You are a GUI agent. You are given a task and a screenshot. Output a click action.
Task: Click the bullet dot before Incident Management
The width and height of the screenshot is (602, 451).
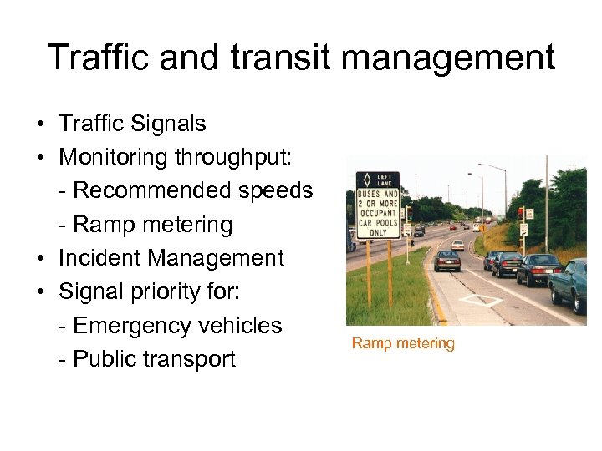40,259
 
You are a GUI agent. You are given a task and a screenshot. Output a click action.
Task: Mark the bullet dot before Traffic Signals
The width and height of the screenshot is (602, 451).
40,124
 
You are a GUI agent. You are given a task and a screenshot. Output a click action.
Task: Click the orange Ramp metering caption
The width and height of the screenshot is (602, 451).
403,343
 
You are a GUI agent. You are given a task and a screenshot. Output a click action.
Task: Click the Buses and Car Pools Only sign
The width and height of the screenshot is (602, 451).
378,205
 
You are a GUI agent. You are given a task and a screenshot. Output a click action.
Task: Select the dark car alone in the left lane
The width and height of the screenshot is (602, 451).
447,261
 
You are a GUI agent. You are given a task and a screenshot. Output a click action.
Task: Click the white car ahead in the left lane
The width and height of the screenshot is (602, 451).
457,245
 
